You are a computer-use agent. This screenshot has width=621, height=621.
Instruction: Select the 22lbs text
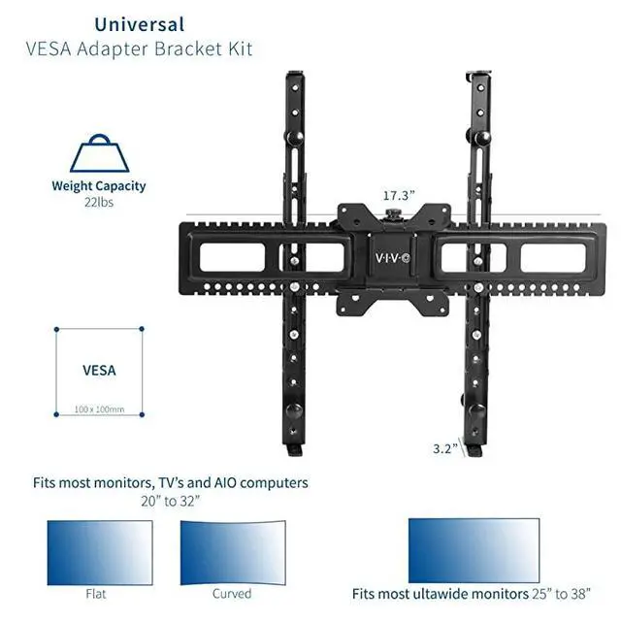(99, 203)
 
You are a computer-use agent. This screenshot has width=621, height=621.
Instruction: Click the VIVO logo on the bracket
(393, 259)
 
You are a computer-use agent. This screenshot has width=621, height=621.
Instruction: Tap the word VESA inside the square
(99, 370)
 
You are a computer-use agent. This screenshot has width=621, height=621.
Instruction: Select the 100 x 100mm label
(99, 409)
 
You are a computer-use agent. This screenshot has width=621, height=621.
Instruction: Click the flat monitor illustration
(100, 549)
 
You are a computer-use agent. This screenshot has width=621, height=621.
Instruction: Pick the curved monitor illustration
(232, 549)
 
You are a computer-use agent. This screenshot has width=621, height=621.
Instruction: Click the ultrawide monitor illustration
(474, 549)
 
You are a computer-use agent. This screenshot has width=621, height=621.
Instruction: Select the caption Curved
(232, 593)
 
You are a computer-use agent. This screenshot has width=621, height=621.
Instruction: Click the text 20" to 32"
(176, 502)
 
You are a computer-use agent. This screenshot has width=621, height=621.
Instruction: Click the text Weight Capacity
(99, 186)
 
